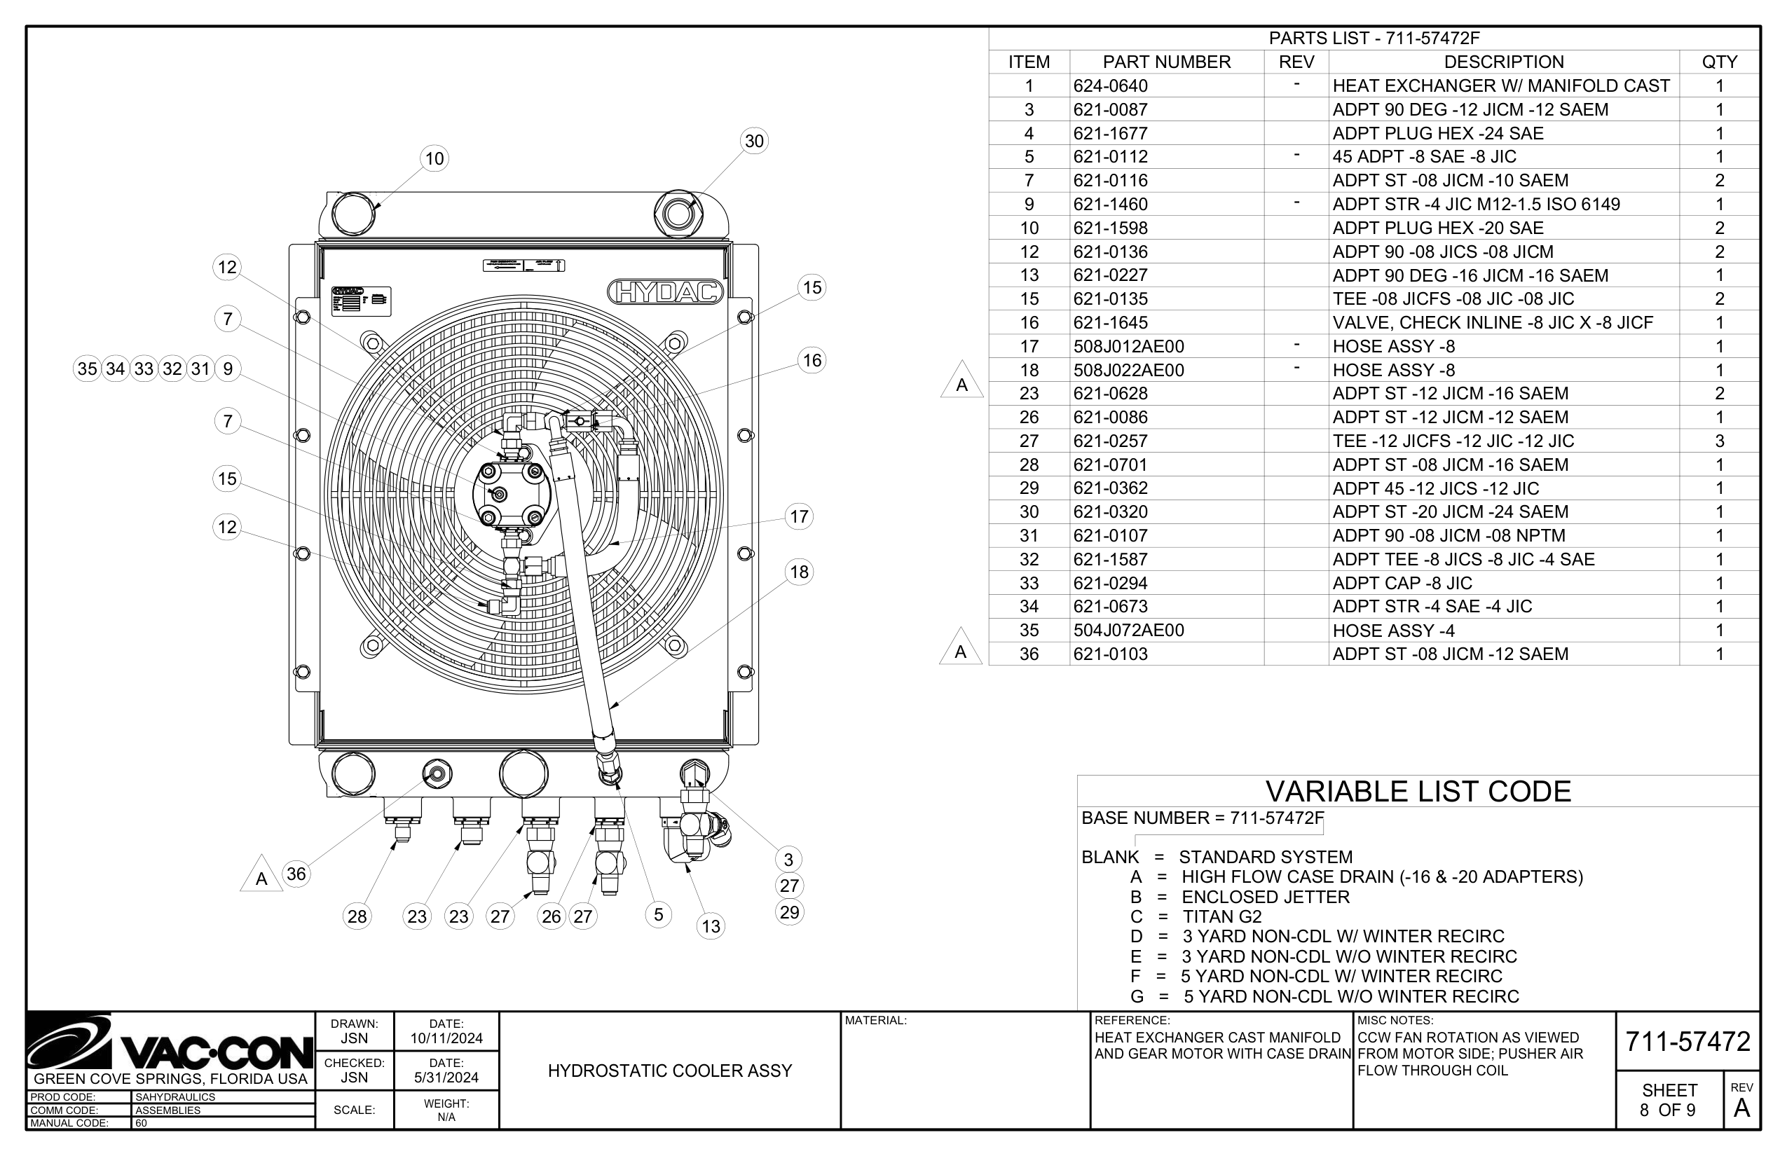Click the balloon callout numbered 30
pyautogui.click(x=754, y=141)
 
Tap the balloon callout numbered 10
pyautogui.click(x=434, y=158)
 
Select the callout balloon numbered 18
pyautogui.click(x=799, y=572)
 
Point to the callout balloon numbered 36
pyautogui.click(x=296, y=874)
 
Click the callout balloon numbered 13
pyautogui.click(x=711, y=926)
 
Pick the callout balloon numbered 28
pyautogui.click(x=357, y=916)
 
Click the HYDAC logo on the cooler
pyautogui.click(x=665, y=292)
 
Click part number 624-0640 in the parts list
pyautogui.click(x=1111, y=86)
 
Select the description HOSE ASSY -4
pyautogui.click(x=1393, y=631)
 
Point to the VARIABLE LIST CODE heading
pyautogui.click(x=1418, y=792)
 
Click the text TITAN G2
pyautogui.click(x=1221, y=916)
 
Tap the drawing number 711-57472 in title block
pyautogui.click(x=1687, y=1042)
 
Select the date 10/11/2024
pyautogui.click(x=446, y=1039)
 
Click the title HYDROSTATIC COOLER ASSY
pyautogui.click(x=670, y=1071)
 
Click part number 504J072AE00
pyautogui.click(x=1128, y=631)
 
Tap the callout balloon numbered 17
pyautogui.click(x=799, y=516)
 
